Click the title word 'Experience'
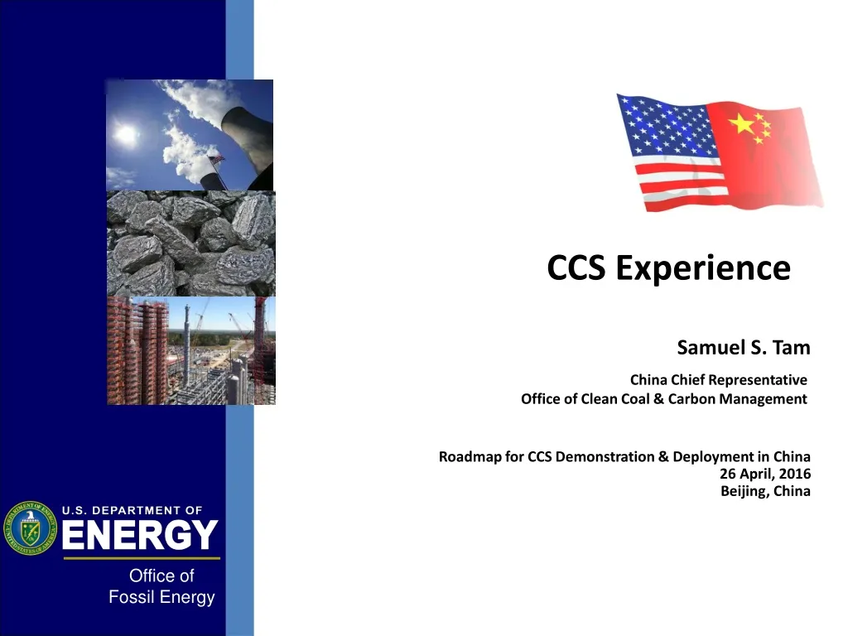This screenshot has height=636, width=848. (x=703, y=268)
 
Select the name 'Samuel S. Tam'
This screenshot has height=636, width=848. (x=743, y=349)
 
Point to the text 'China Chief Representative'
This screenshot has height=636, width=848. (x=718, y=380)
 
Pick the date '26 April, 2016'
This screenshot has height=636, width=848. (x=766, y=474)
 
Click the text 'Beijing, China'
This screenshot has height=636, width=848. (x=765, y=490)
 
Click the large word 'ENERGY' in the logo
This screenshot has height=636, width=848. (x=140, y=537)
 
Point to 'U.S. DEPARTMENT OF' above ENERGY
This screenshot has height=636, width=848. (x=132, y=510)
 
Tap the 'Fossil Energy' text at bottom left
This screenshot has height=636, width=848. (x=161, y=597)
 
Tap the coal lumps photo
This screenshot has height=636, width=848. (x=190, y=243)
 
